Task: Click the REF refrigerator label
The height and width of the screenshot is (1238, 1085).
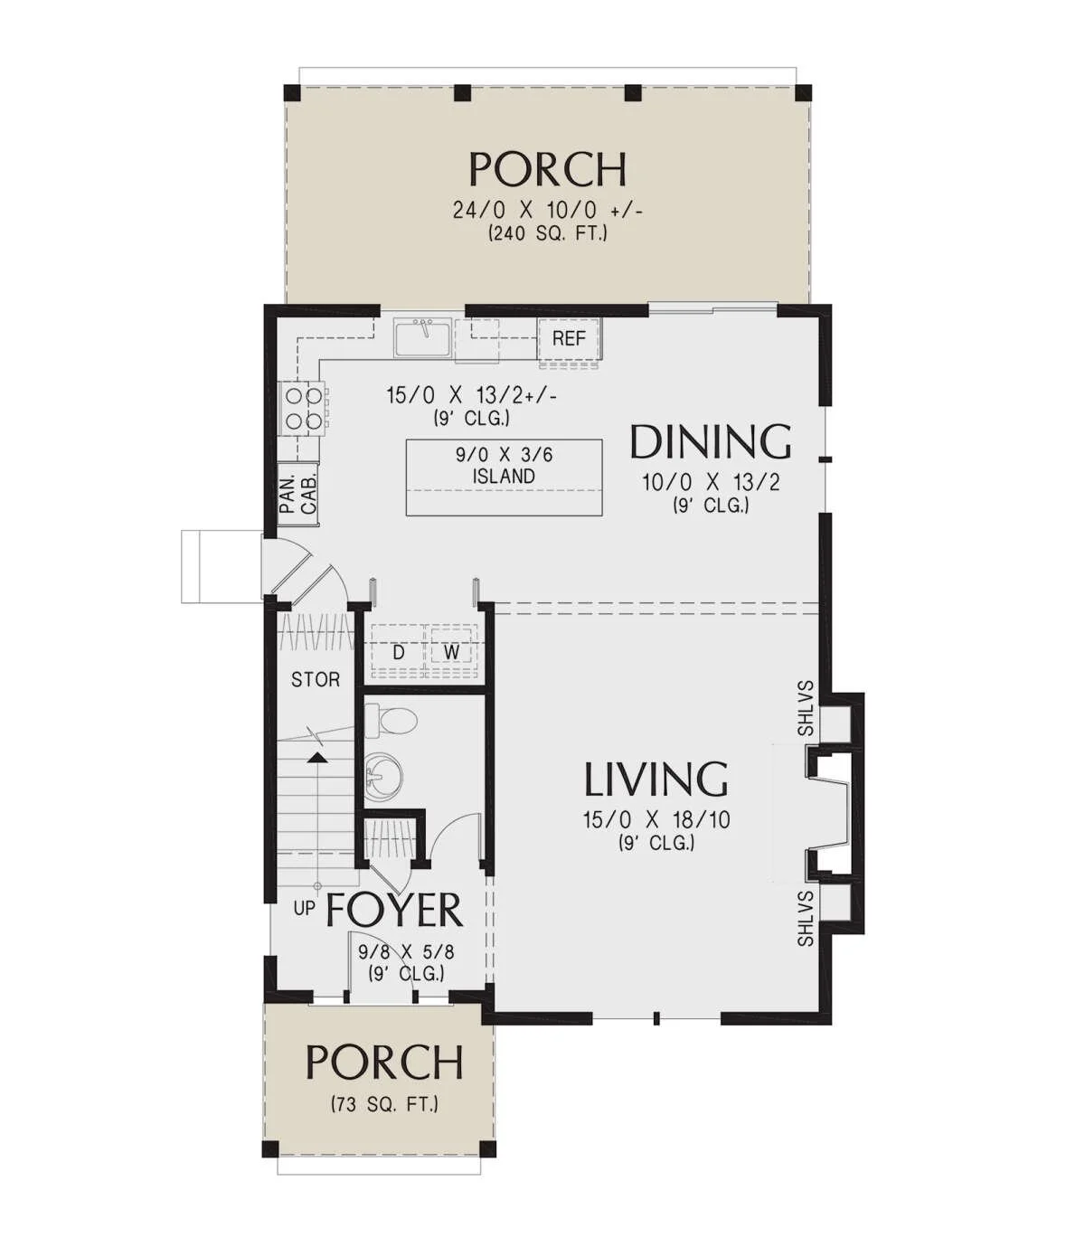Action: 568,338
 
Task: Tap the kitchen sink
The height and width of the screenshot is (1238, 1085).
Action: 422,337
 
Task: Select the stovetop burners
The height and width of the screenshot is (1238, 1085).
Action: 304,408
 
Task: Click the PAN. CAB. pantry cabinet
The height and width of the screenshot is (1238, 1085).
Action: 297,495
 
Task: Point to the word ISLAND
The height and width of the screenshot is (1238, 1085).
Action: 504,476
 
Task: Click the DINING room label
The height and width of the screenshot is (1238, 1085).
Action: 710,442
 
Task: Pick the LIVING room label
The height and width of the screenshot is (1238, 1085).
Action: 656,780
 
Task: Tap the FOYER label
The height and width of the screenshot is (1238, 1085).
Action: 394,911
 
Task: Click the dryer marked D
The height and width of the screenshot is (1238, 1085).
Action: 399,653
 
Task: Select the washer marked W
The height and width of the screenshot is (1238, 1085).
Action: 451,652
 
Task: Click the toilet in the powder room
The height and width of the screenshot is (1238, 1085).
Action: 389,721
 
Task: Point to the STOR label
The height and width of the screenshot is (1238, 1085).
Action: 316,679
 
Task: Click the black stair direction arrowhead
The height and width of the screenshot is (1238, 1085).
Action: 316,758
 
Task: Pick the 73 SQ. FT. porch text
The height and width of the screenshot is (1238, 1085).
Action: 384,1105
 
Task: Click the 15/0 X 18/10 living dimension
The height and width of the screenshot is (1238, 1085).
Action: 656,820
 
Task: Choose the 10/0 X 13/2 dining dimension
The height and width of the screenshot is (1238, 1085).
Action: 711,483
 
